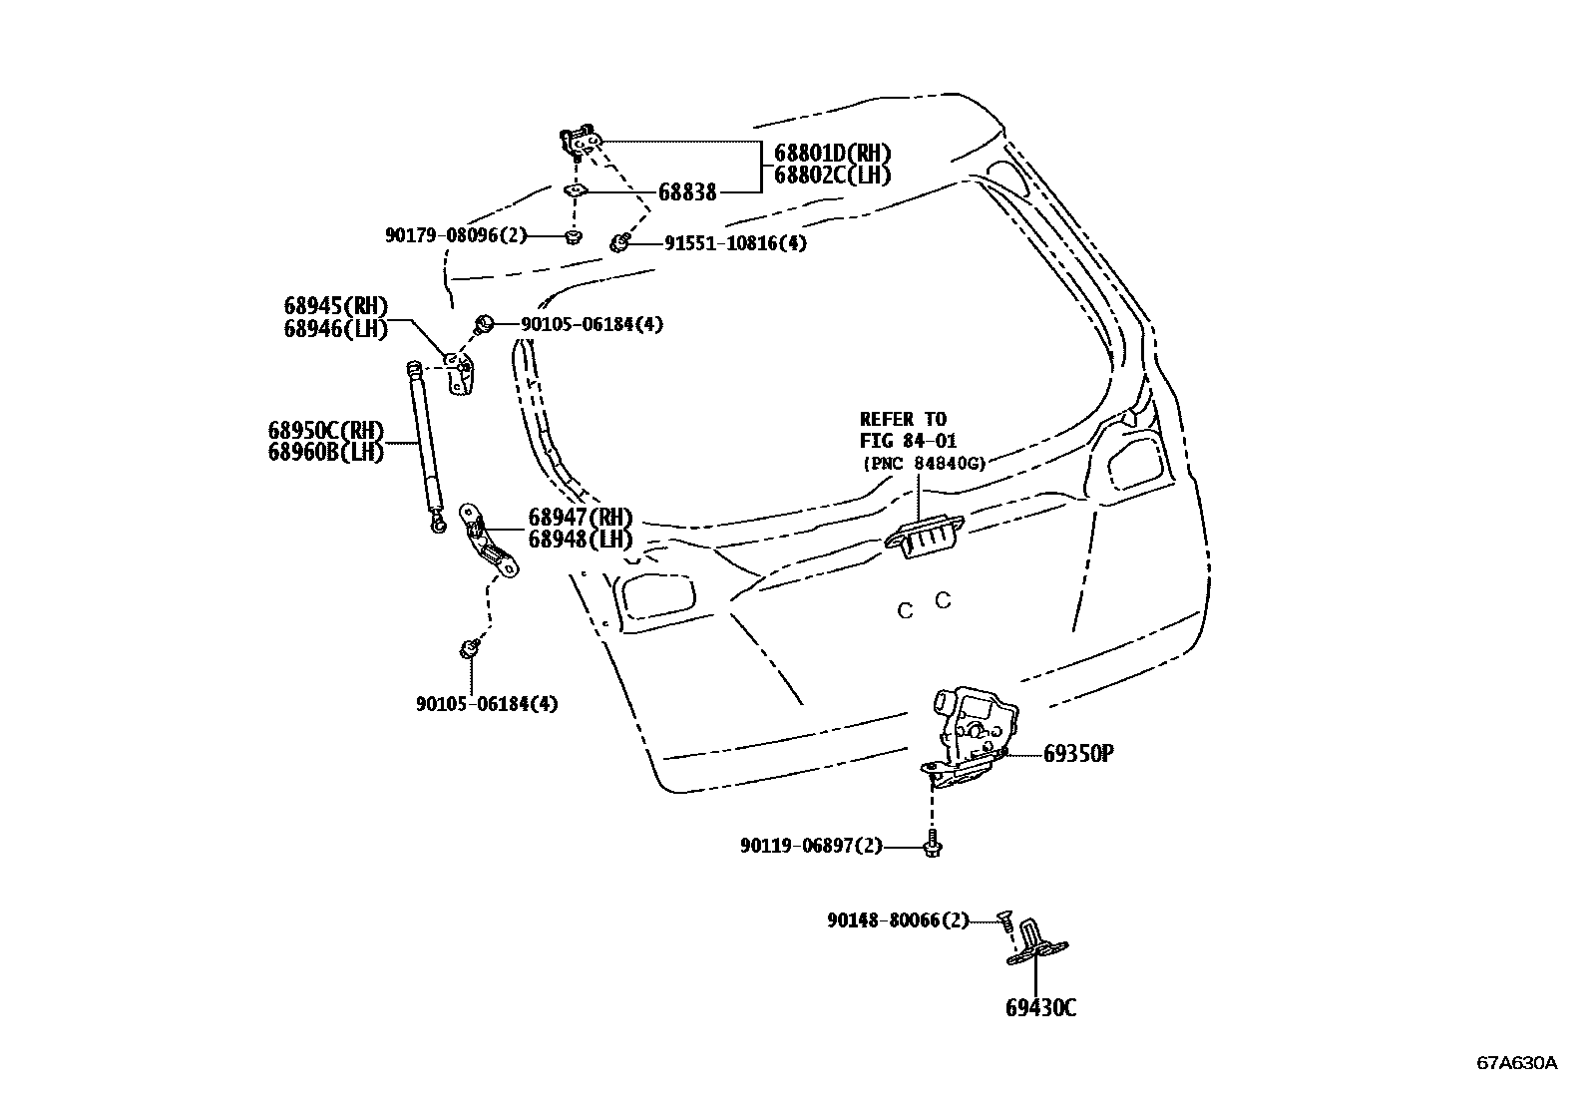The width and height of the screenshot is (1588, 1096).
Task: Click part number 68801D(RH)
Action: click(832, 153)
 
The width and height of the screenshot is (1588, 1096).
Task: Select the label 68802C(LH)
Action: click(832, 175)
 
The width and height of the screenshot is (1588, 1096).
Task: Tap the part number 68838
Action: click(686, 192)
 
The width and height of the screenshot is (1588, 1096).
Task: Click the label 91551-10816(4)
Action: click(735, 242)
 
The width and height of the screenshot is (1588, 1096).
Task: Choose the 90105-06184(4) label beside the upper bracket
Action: click(591, 324)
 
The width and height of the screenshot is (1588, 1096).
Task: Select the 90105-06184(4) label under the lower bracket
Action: click(487, 704)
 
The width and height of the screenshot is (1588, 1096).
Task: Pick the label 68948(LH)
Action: click(581, 540)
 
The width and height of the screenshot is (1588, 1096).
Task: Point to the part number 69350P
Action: click(1077, 754)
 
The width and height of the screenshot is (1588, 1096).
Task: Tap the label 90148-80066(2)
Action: click(897, 921)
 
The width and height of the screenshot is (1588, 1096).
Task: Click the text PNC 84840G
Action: click(924, 463)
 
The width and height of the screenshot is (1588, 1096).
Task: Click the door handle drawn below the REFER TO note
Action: click(917, 539)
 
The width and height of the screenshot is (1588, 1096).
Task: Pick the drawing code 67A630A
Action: click(1516, 1062)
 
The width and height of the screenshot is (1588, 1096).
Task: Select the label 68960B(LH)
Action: click(326, 452)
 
